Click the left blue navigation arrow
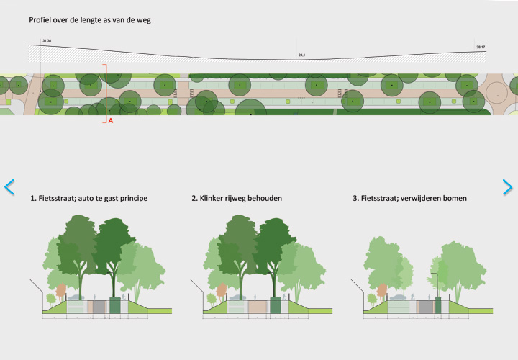9,187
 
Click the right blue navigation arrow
507,187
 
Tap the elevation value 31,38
47,41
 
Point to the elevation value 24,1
302,55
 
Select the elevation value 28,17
481,48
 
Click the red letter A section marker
111,121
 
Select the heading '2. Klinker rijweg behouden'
236,197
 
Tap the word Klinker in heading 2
214,197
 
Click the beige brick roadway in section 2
256,307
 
